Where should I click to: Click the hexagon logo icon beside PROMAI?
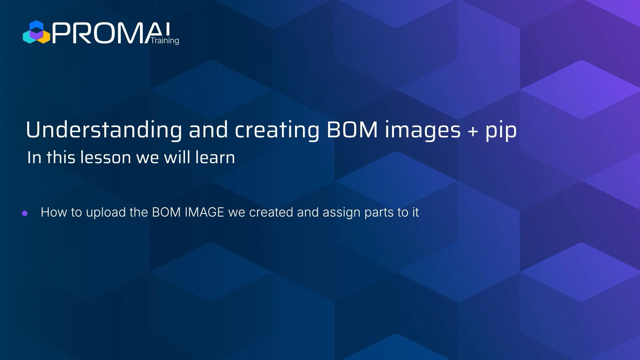36,32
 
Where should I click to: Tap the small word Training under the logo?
165,41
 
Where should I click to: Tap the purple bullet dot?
25,213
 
